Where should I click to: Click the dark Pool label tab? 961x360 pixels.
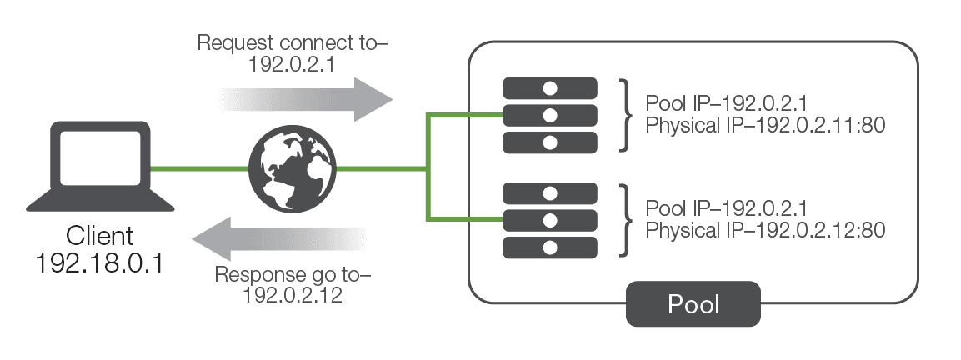[x=693, y=304]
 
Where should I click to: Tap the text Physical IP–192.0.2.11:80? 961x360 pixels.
[x=765, y=125]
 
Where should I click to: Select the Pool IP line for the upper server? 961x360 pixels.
[x=727, y=104]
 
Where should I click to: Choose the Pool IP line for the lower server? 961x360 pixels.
[x=727, y=207]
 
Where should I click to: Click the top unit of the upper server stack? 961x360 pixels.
[x=550, y=88]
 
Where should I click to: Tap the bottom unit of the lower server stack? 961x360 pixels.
[x=550, y=247]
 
